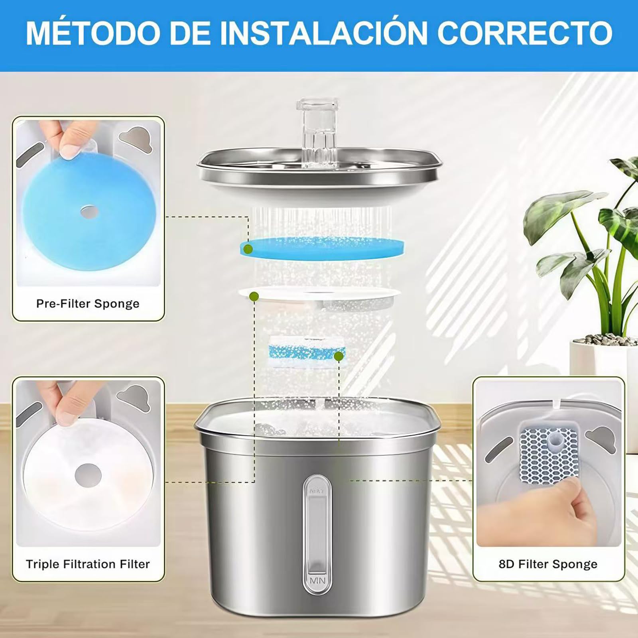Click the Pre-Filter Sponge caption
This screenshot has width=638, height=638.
pos(88,304)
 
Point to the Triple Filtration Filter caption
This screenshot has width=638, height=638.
pos(88,564)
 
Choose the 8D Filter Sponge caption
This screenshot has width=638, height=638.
pos(548,564)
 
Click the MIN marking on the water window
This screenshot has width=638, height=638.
pos(317,581)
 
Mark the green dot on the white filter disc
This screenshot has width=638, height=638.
pos(254,296)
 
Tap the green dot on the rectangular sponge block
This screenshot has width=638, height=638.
pos(339,356)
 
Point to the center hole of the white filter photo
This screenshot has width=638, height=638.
pos(88,475)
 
